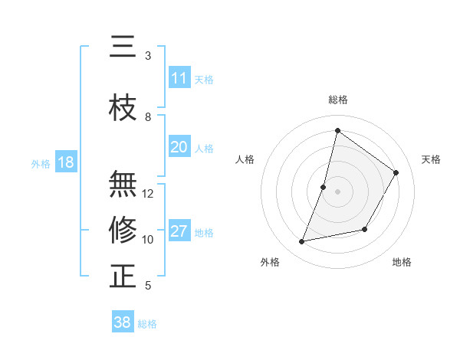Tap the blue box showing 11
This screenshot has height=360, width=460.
click(x=179, y=78)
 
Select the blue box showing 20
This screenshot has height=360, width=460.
click(x=179, y=147)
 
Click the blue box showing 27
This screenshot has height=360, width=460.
click(x=179, y=231)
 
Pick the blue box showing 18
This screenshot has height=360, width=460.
click(x=65, y=162)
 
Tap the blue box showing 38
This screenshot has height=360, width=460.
click(x=123, y=322)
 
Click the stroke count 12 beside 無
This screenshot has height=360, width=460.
click(x=148, y=193)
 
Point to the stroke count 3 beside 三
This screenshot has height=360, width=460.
click(x=148, y=55)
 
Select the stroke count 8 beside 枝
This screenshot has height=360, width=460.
click(x=148, y=116)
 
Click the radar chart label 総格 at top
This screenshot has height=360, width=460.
click(x=337, y=100)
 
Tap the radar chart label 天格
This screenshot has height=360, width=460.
click(x=431, y=159)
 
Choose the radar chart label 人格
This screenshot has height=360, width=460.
click(x=245, y=159)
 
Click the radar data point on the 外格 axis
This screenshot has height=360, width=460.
click(x=302, y=242)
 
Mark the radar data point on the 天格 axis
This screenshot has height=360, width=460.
click(x=396, y=172)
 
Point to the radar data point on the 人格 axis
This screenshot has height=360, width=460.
click(x=324, y=187)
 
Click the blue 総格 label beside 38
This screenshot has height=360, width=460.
click(x=147, y=324)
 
